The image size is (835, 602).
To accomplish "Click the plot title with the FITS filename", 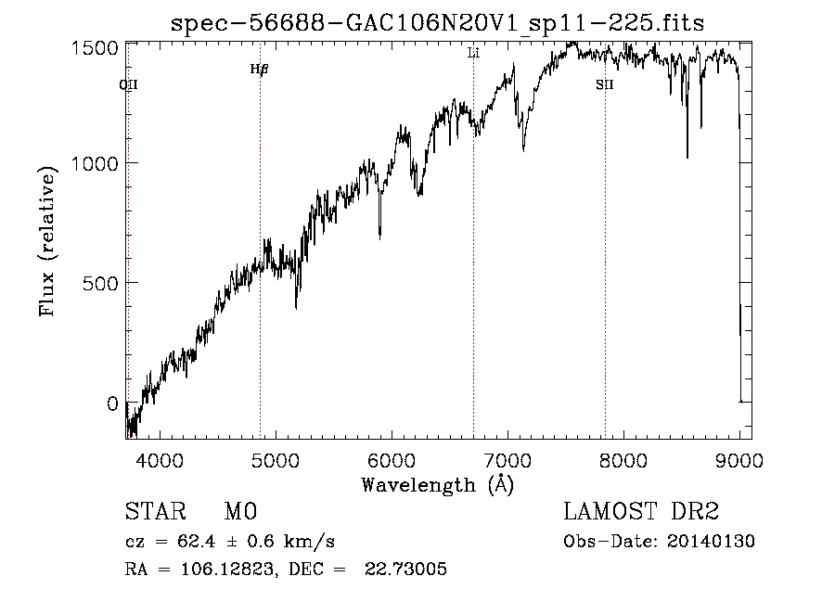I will [438, 23].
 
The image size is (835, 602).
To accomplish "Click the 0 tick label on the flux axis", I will [111, 403].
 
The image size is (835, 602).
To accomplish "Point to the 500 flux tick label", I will [98, 283].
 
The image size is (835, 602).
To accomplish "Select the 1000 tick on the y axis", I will [93, 163].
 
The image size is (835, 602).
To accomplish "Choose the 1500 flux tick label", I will [93, 46].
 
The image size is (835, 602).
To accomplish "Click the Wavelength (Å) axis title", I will [437, 484].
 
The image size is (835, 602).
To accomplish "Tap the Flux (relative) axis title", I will [47, 240].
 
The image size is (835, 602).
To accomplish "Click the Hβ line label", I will [259, 70].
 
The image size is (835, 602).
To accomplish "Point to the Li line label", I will [473, 54].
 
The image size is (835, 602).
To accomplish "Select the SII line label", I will [605, 85].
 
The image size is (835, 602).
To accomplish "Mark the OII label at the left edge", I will [129, 85].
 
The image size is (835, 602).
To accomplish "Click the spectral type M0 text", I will [240, 512].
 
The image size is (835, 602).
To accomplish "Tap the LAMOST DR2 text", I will [640, 512].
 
